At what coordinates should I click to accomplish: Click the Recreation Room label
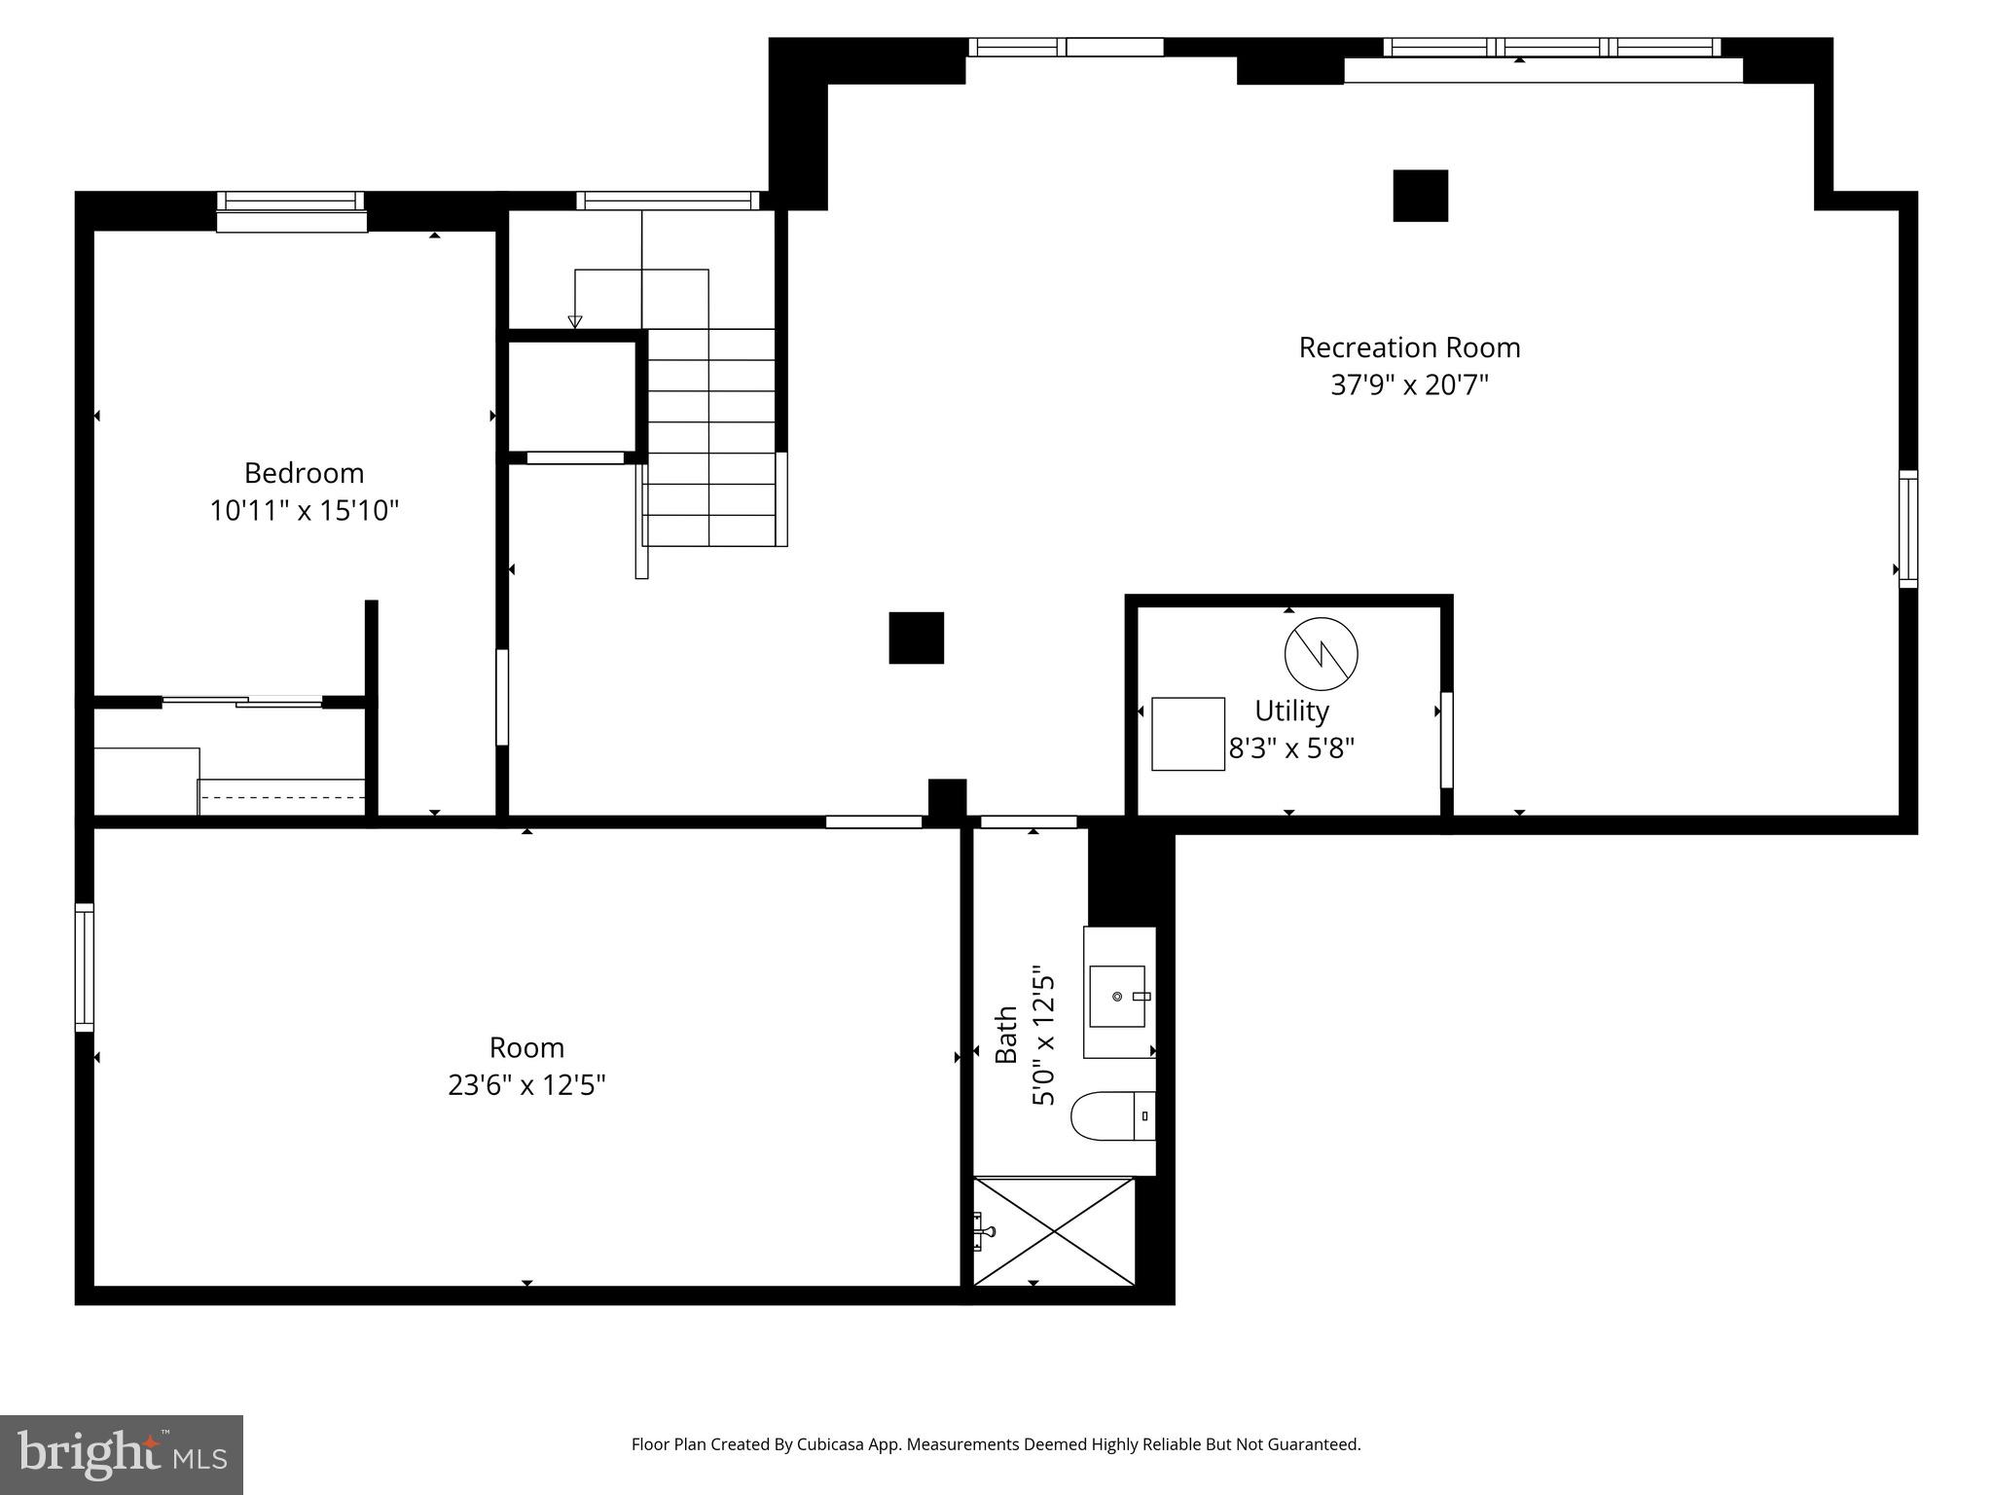1409,347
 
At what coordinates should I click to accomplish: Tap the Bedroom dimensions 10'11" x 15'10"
305,510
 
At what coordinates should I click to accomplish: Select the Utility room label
1291,711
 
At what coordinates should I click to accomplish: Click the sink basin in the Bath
1117,996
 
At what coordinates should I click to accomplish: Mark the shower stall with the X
1054,1231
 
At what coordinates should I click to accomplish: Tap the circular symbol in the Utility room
1321,653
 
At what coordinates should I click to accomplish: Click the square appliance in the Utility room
1187,734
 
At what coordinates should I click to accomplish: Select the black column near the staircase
916,638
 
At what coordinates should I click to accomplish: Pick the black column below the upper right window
1420,196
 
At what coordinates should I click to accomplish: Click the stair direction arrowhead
574,322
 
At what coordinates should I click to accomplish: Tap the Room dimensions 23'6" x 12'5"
526,1084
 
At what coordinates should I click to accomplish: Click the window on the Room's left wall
85,966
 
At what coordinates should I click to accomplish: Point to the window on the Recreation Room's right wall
1907,529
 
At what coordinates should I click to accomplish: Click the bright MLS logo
121,1454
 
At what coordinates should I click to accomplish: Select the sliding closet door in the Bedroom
242,701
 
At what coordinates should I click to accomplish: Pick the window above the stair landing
667,201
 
